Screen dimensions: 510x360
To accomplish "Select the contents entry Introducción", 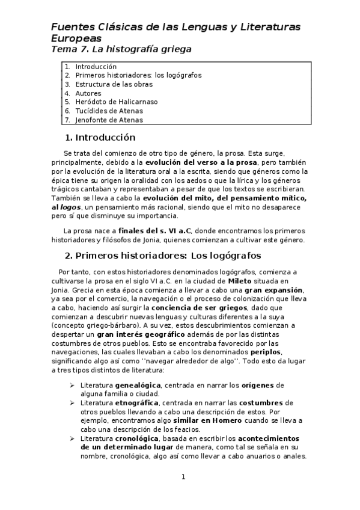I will tap(96, 67).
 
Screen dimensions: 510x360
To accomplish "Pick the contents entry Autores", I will tap(88, 93).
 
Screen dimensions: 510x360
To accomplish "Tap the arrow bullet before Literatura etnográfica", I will tap(72, 402).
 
